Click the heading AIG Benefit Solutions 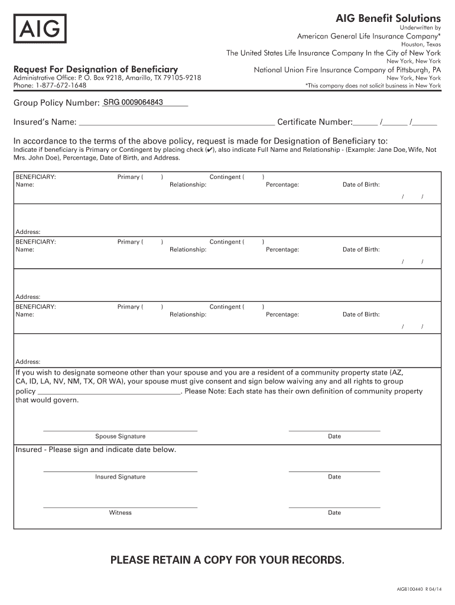pos(388,18)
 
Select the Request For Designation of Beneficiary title pos(96,70)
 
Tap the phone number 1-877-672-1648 pos(61,86)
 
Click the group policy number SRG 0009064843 pos(133,103)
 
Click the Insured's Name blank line pos(177,123)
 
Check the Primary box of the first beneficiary pos(152,177)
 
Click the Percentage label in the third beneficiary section pos(282,315)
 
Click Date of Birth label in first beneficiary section pos(361,185)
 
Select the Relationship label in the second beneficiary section pos(188,250)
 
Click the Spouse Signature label pos(120,437)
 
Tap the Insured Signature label pos(120,477)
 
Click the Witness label pos(120,513)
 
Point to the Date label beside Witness pos(334,513)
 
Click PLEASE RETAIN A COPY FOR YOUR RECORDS pos(227,560)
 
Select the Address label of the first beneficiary pos(28,232)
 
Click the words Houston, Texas pos(421,44)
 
